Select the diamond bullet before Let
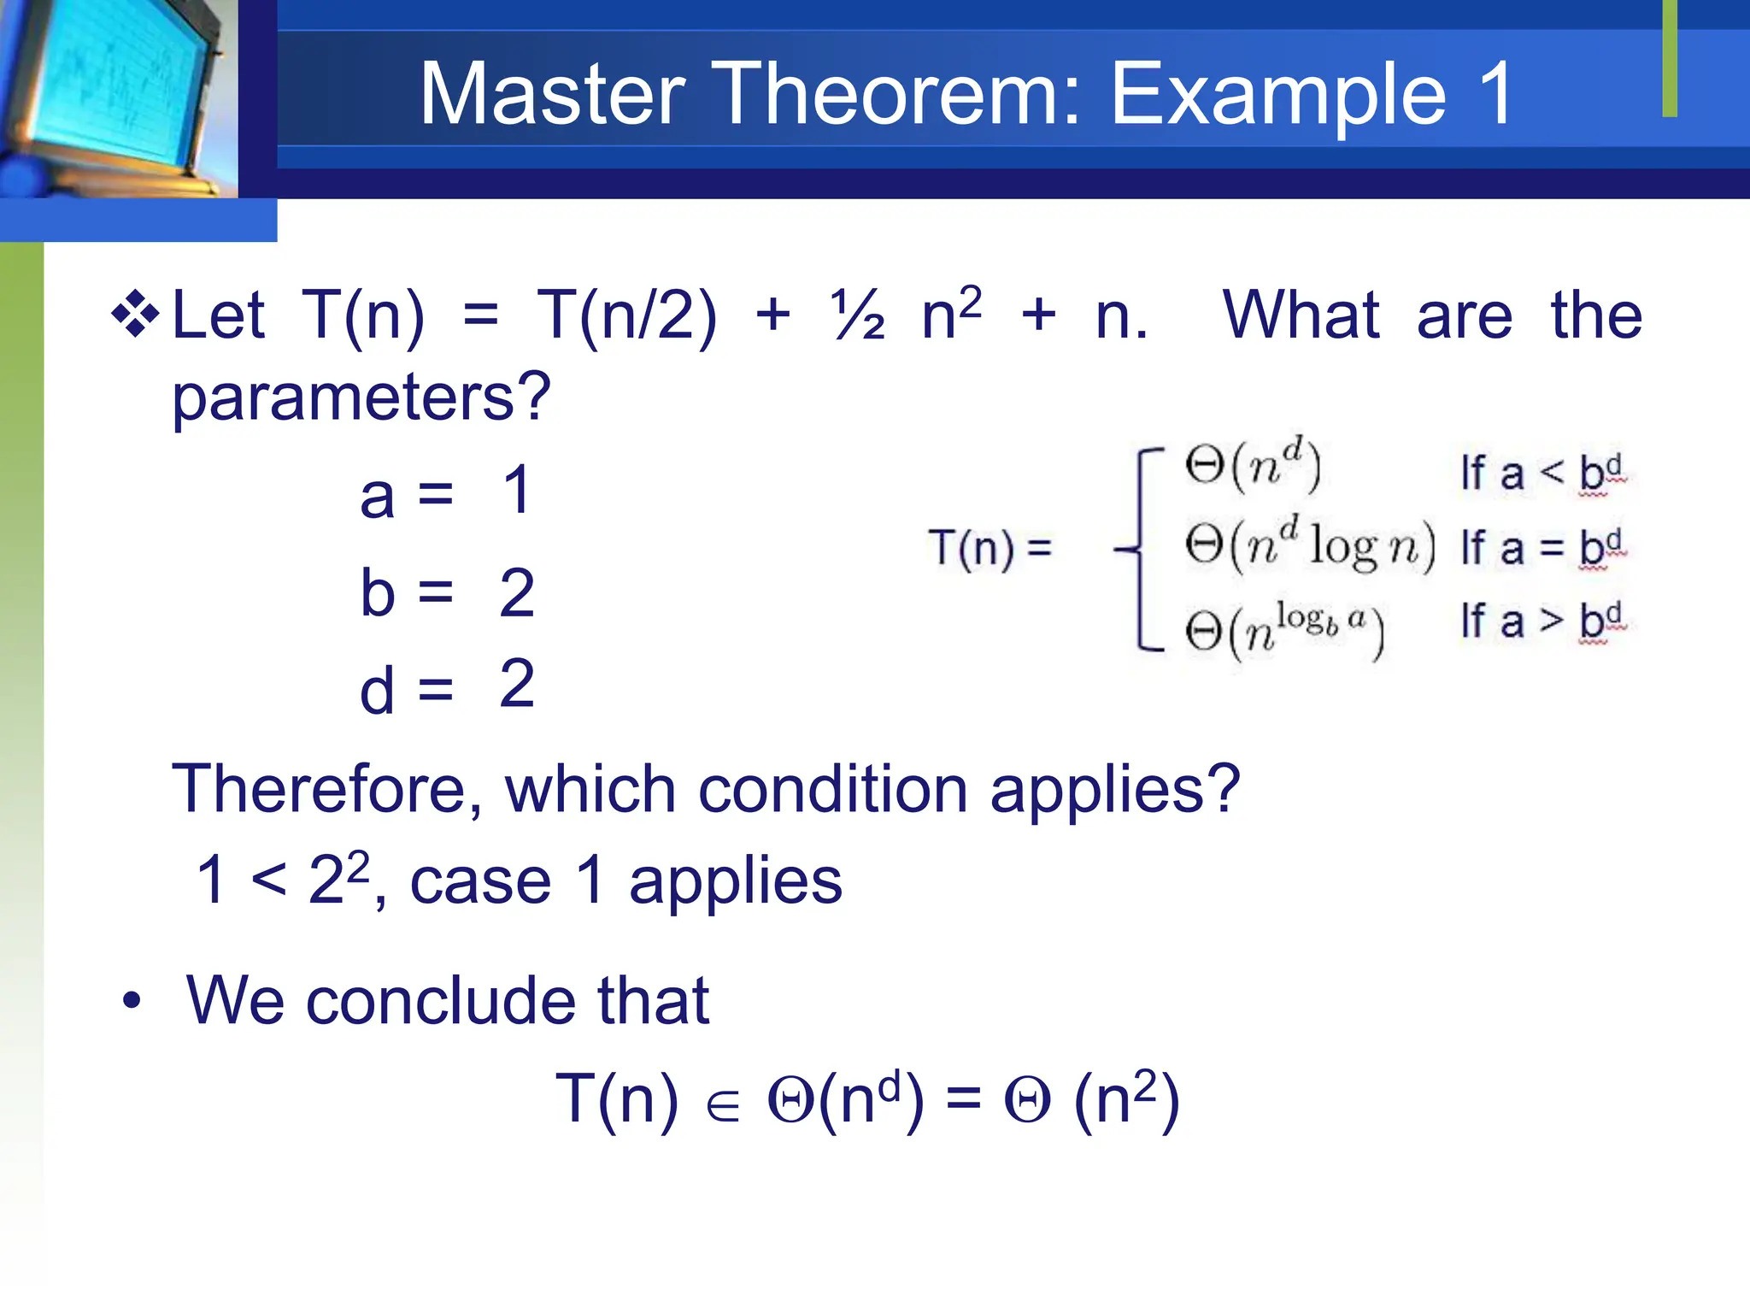pos(135,315)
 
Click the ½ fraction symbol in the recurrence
pos(857,315)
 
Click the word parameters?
pos(361,397)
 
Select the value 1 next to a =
pos(517,491)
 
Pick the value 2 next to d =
pos(517,684)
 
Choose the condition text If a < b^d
pos(1542,473)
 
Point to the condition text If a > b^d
pos(1542,621)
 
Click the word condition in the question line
pos(833,788)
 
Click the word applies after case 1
pos(736,881)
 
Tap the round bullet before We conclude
pos(131,1000)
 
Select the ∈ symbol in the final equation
pos(723,1107)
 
